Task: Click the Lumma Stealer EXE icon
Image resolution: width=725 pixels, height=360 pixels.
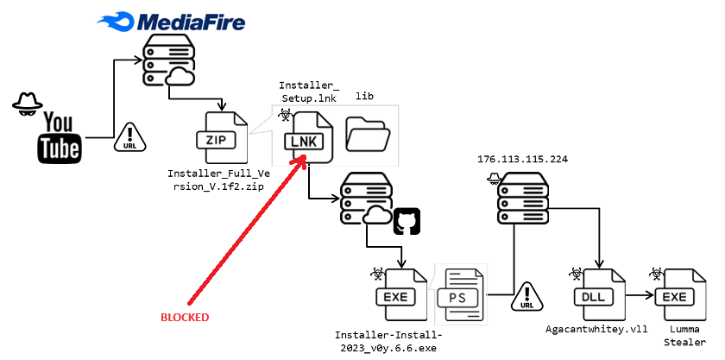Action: (x=675, y=296)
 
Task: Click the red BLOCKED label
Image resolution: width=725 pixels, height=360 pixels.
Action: (x=185, y=317)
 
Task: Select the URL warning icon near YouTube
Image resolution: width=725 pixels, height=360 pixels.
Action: (x=129, y=136)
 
